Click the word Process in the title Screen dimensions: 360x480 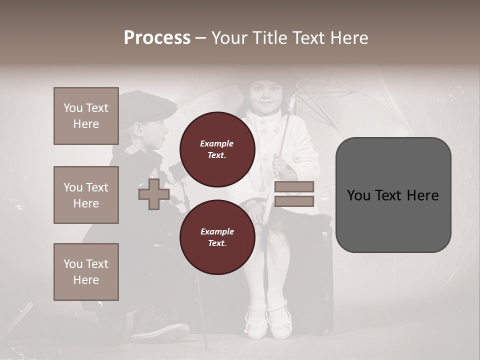[157, 38]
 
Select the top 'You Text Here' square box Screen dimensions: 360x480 [86, 116]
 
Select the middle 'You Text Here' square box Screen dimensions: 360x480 [86, 195]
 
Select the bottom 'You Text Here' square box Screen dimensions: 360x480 [86, 271]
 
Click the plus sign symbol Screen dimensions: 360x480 [153, 194]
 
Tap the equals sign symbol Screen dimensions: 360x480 [294, 194]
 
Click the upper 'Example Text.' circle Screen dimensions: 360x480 [217, 149]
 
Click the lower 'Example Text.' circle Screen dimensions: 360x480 [217, 237]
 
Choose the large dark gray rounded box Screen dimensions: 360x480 [393, 195]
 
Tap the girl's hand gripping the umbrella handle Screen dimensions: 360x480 [280, 164]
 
